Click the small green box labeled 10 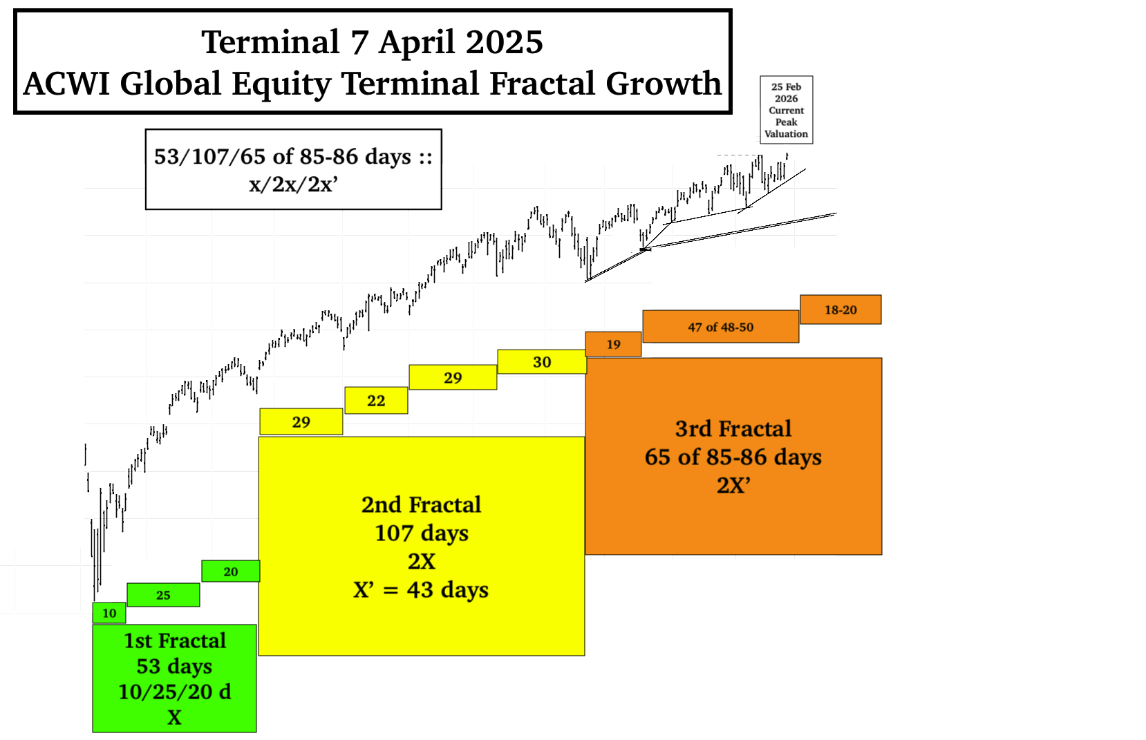pyautogui.click(x=109, y=613)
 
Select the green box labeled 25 pyautogui.click(x=163, y=595)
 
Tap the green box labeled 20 pyautogui.click(x=231, y=571)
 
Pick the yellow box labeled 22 pyautogui.click(x=376, y=401)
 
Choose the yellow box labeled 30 pyautogui.click(x=542, y=362)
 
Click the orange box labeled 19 pyautogui.click(x=613, y=344)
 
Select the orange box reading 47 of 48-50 pyautogui.click(x=721, y=327)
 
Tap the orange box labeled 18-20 pyautogui.click(x=840, y=310)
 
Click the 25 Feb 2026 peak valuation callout pyautogui.click(x=787, y=110)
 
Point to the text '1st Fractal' pyautogui.click(x=175, y=641)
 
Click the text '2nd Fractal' pyautogui.click(x=422, y=505)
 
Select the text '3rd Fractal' pyautogui.click(x=733, y=428)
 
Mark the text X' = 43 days pyautogui.click(x=421, y=589)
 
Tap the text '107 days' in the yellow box pyautogui.click(x=422, y=533)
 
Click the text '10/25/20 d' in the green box pyautogui.click(x=174, y=692)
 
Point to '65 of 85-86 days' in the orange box pyautogui.click(x=733, y=457)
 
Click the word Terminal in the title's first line pyautogui.click(x=271, y=42)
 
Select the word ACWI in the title pyautogui.click(x=66, y=84)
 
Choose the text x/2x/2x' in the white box pyautogui.click(x=294, y=184)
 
